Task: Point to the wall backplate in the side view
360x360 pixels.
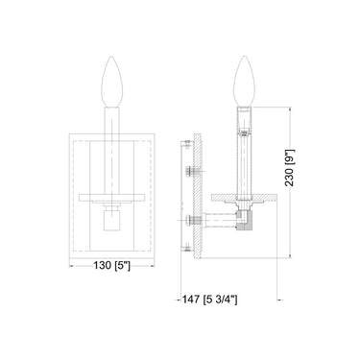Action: [x=196, y=197]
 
